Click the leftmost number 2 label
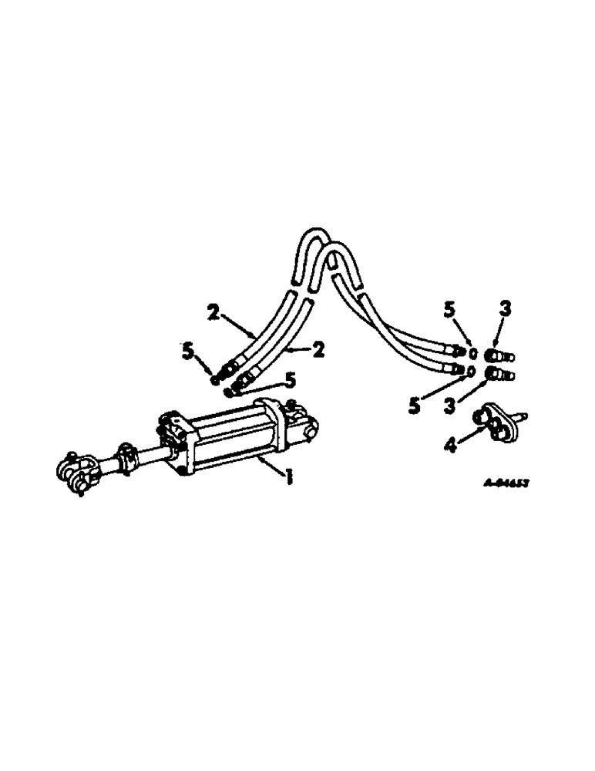pyautogui.click(x=213, y=313)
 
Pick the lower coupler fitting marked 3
pyautogui.click(x=500, y=375)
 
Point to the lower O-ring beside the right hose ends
pyautogui.click(x=471, y=371)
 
